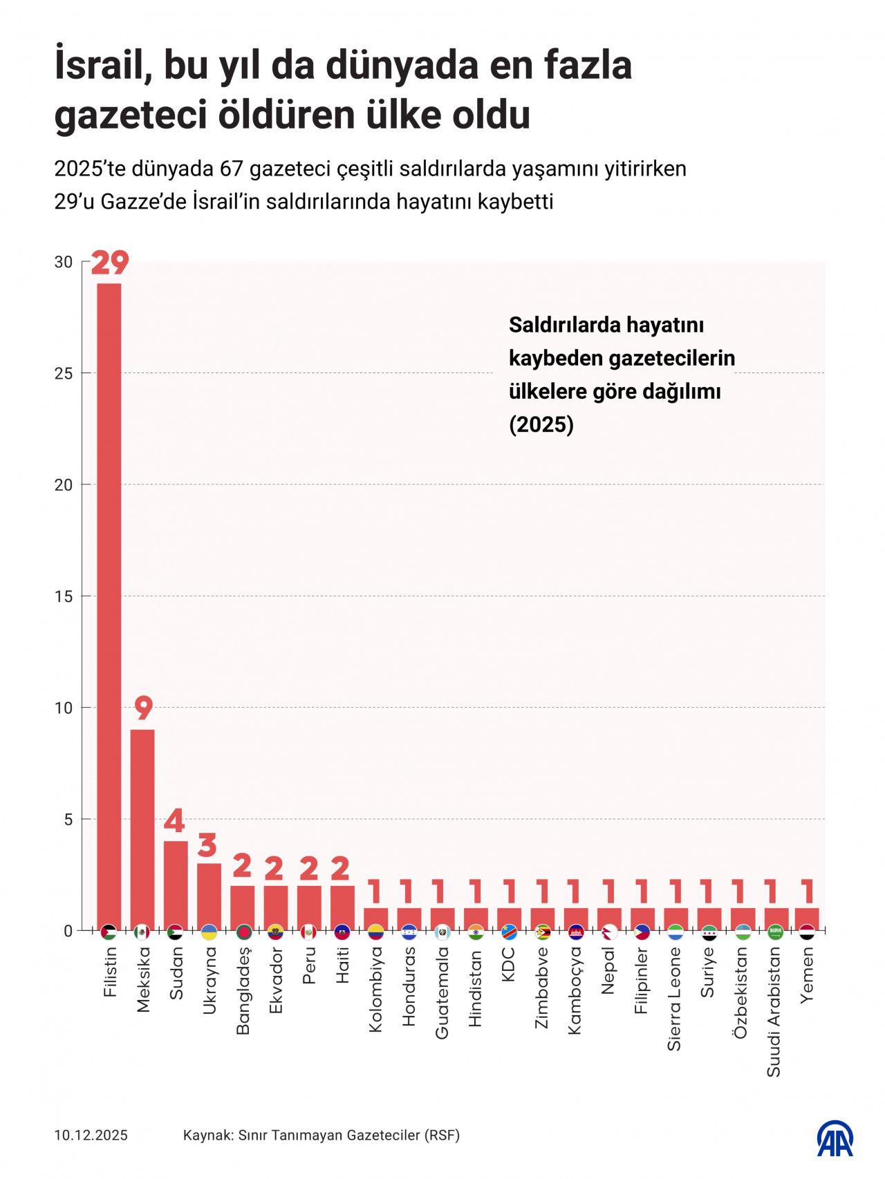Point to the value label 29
point(109,264)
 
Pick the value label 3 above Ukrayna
point(209,845)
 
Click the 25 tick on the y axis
point(64,373)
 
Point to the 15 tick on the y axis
point(64,596)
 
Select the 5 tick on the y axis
point(68,819)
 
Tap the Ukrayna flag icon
point(209,932)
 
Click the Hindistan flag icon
point(476,932)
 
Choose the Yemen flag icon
point(807,932)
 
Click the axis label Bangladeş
point(243,990)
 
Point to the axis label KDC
point(510,962)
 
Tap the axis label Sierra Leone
point(674,999)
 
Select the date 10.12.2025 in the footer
point(91,1135)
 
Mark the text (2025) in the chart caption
point(541,424)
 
